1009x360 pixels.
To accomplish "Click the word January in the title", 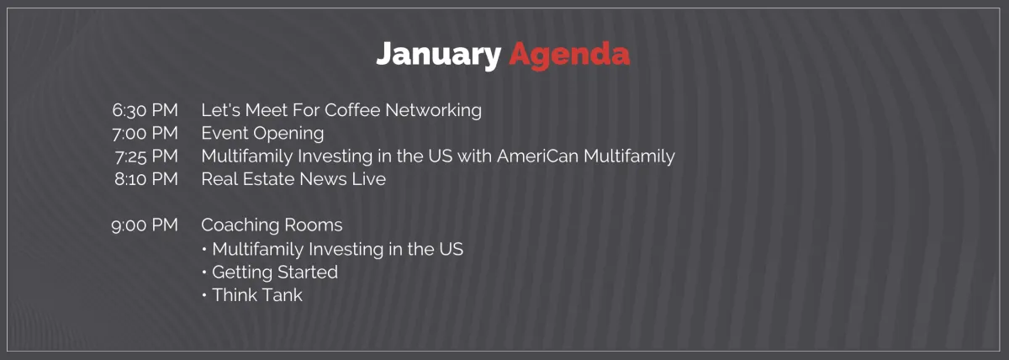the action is pyautogui.click(x=438, y=56).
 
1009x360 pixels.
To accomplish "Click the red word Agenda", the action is pyautogui.click(x=569, y=56).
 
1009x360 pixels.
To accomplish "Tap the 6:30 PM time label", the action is pyautogui.click(x=145, y=110).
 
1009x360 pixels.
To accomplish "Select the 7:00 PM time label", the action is pyautogui.click(x=145, y=134).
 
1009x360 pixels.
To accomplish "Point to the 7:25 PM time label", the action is pyautogui.click(x=146, y=156).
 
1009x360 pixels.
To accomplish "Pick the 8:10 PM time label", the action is pyautogui.click(x=146, y=179).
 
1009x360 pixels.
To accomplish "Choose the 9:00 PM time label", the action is pyautogui.click(x=145, y=225).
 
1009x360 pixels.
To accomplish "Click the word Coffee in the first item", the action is pyautogui.click(x=352, y=110).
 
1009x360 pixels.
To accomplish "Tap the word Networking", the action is pyautogui.click(x=433, y=111).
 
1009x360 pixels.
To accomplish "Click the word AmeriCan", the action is pyautogui.click(x=538, y=156).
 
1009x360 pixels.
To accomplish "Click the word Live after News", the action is pyautogui.click(x=369, y=179).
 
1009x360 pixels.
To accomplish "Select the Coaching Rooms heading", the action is pyautogui.click(x=272, y=225).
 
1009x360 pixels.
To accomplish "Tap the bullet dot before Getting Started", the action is pyautogui.click(x=204, y=273).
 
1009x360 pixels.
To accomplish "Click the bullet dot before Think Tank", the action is pyautogui.click(x=204, y=295).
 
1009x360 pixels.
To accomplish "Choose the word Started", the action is pyautogui.click(x=308, y=273).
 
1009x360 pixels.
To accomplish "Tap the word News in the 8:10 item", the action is pyautogui.click(x=323, y=179).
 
